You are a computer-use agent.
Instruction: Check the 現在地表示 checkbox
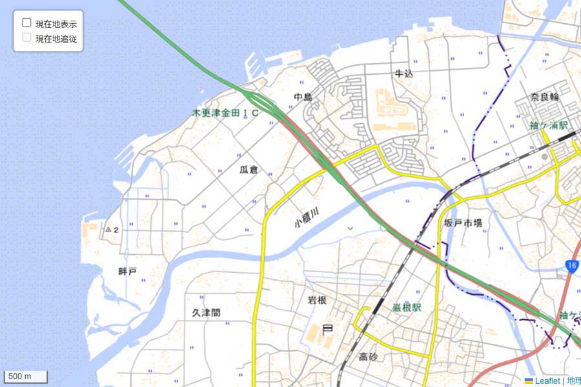[27, 23]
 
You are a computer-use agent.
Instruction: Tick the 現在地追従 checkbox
[27, 37]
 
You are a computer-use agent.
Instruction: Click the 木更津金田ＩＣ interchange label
[226, 113]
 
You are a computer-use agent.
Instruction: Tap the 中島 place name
[303, 97]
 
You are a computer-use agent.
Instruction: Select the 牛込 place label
[403, 74]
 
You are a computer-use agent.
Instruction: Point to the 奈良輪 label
[544, 97]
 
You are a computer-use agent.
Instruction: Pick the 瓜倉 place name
[249, 170]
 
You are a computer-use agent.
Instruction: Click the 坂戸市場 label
[463, 223]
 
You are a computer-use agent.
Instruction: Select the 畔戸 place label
[128, 272]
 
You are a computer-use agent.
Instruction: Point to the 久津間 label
[206, 313]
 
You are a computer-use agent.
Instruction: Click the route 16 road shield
[572, 266]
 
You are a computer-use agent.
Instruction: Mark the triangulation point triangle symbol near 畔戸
[108, 229]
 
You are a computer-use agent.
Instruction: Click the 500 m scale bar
[26, 376]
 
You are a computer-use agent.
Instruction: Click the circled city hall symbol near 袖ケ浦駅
[544, 156]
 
